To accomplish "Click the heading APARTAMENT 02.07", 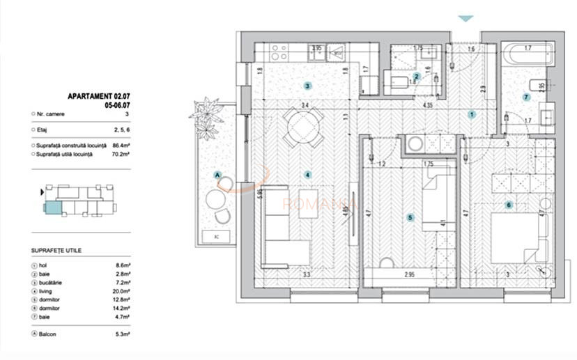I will (x=100, y=96).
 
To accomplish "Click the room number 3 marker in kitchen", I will (x=307, y=86).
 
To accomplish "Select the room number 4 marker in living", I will (x=307, y=175).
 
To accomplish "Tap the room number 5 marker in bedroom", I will (x=410, y=218).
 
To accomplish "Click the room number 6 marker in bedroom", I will (x=509, y=205).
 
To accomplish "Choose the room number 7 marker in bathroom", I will (x=526, y=97).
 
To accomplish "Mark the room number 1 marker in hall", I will (x=472, y=114).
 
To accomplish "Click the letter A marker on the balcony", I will (x=217, y=175).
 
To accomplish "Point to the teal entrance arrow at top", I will (x=465, y=19).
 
